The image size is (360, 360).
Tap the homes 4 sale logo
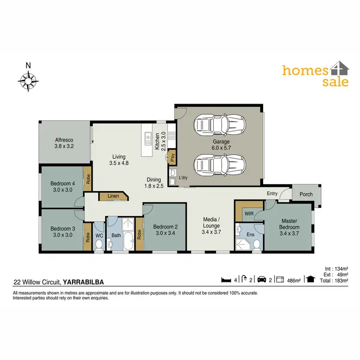314,75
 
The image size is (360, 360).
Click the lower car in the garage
220,165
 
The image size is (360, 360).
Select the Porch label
306,194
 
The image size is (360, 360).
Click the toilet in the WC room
99,244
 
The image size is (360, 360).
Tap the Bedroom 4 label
62,186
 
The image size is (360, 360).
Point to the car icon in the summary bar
262,279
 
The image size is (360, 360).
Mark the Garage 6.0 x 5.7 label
221,145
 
